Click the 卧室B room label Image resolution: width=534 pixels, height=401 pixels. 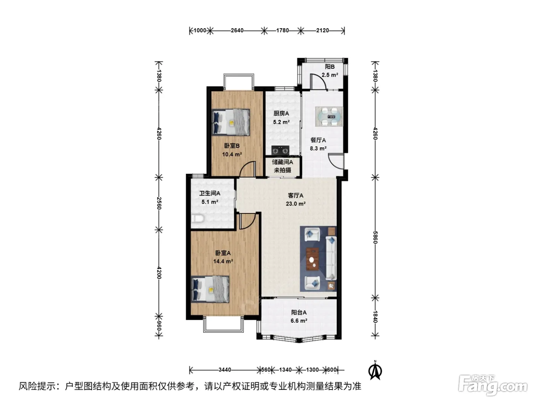pyautogui.click(x=232, y=146)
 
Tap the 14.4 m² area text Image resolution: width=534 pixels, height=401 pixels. pyautogui.click(x=223, y=262)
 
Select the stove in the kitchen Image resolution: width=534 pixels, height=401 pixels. pyautogui.click(x=280, y=150)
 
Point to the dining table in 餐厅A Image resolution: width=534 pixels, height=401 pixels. pyautogui.click(x=329, y=116)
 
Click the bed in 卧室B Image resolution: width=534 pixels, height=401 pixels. pyautogui.click(x=231, y=122)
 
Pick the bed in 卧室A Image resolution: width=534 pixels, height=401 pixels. pyautogui.click(x=210, y=289)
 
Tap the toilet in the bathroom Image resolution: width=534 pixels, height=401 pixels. pyautogui.click(x=197, y=218)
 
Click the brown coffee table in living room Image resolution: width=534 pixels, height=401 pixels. pyautogui.click(x=312, y=259)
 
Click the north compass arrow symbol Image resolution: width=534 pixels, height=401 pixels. pyautogui.click(x=375, y=371)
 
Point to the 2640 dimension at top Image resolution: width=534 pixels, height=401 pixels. pyautogui.click(x=237, y=31)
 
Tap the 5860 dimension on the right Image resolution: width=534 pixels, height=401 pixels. pyautogui.click(x=375, y=238)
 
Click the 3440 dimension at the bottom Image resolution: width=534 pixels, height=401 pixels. pyautogui.click(x=225, y=370)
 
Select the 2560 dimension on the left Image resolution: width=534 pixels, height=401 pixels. pyautogui.click(x=159, y=203)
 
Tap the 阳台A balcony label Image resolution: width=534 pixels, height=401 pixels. pyautogui.click(x=299, y=312)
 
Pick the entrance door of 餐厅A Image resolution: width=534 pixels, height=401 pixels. pyautogui.click(x=336, y=161)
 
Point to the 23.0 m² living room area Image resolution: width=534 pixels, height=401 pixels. pyautogui.click(x=296, y=204)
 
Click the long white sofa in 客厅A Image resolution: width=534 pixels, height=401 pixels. pyautogui.click(x=331, y=258)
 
